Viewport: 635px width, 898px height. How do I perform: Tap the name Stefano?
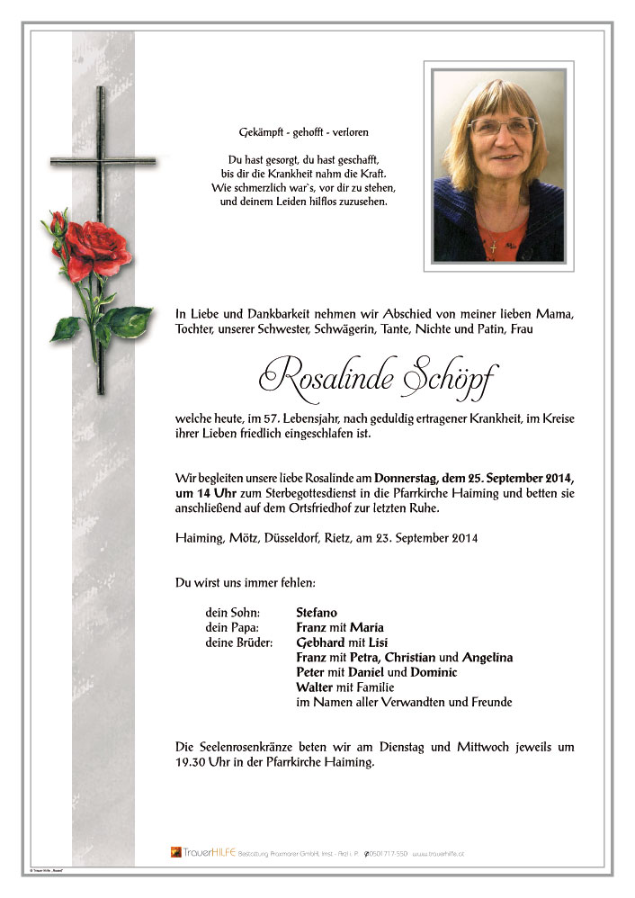pos(317,613)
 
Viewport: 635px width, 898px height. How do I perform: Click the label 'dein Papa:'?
pos(232,627)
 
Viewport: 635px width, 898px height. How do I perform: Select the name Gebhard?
pos(320,642)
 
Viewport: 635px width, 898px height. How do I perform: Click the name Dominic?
pos(435,672)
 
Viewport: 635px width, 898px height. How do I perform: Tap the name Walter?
pos(315,687)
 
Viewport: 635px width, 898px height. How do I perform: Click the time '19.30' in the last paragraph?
pos(192,762)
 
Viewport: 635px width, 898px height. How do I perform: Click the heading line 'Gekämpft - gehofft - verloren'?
pos(285,132)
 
